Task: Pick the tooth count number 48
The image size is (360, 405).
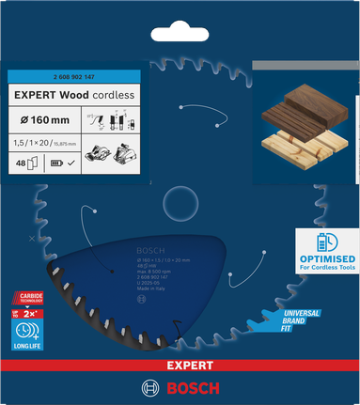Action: [22, 162]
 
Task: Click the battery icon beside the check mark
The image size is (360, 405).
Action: [55, 163]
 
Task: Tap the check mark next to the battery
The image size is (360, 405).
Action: [71, 163]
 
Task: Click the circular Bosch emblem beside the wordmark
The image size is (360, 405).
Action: [149, 387]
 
